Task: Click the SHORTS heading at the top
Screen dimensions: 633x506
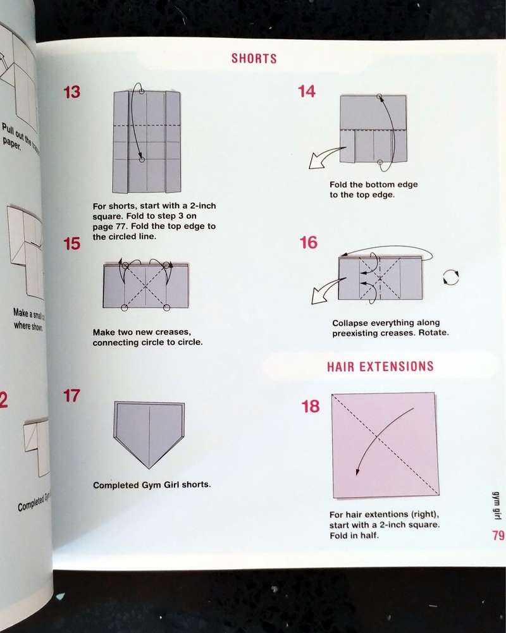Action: [x=254, y=59]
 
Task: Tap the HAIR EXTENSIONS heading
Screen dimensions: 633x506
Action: [x=380, y=367]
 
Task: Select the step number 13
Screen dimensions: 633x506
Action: [x=71, y=92]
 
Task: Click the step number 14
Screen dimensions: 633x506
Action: [x=306, y=92]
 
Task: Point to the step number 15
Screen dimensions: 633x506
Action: [x=72, y=243]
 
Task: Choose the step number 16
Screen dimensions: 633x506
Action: [x=308, y=243]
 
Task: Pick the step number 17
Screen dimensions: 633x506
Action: [x=71, y=396]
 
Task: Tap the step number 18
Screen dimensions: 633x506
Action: [x=311, y=406]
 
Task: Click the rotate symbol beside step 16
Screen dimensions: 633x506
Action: [x=451, y=277]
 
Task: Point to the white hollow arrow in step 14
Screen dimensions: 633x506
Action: [x=321, y=160]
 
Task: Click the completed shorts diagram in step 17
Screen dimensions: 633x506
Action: [x=149, y=433]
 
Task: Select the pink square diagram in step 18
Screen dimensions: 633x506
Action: [x=385, y=444]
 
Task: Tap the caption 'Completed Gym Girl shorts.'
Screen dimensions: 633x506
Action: [x=152, y=486]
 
